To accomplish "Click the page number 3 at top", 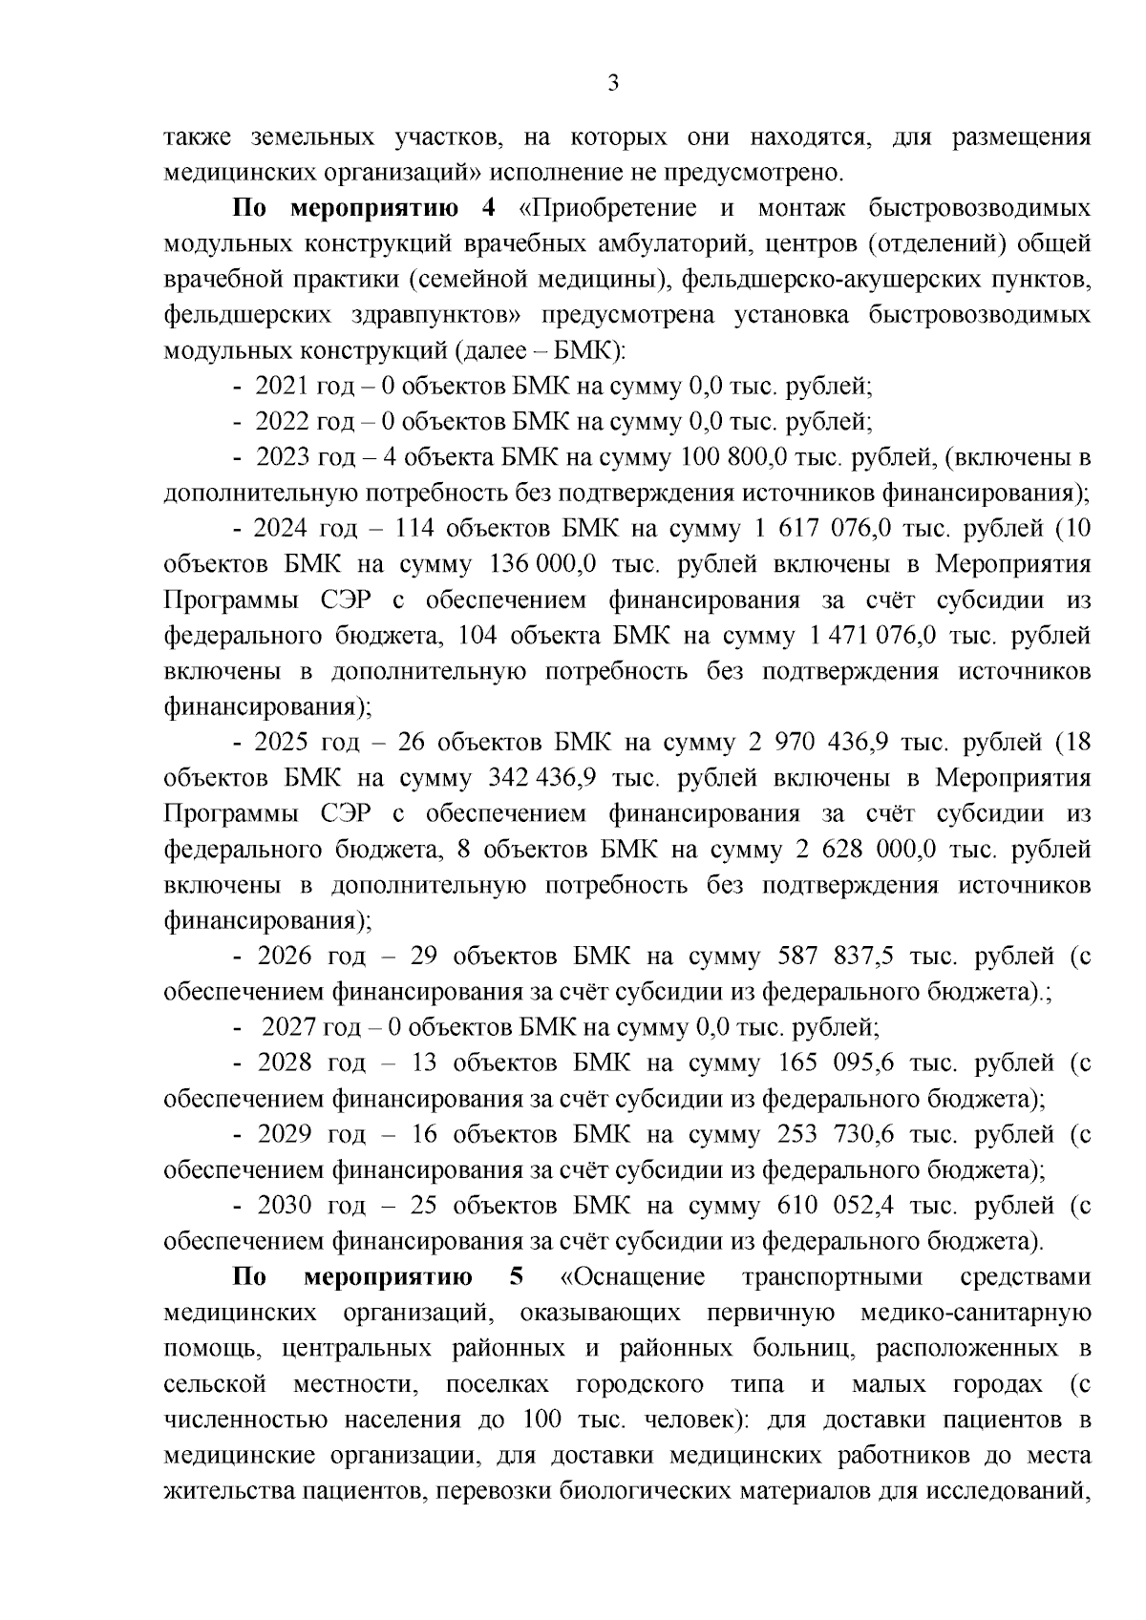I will pos(613,83).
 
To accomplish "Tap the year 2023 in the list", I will pos(284,457).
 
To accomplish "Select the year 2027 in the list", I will pos(289,1028).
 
